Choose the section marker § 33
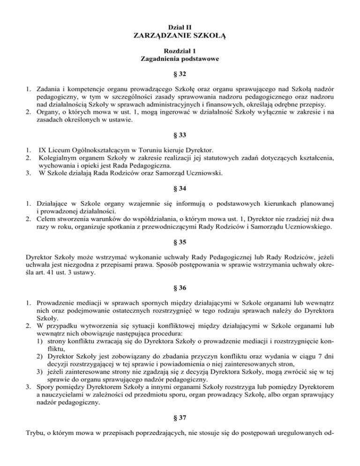180,135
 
